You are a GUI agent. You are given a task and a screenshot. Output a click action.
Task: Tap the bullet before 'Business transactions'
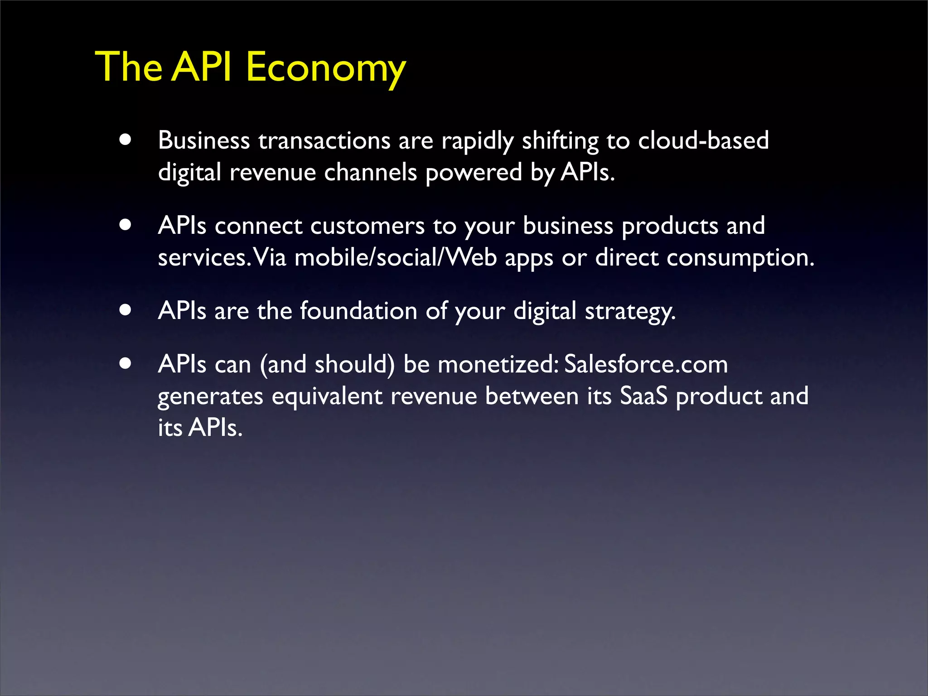pyautogui.click(x=126, y=140)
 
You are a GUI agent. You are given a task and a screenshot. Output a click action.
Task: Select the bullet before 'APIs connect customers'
pyautogui.click(x=126, y=225)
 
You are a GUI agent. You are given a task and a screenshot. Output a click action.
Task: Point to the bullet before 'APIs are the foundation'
pyautogui.click(x=126, y=310)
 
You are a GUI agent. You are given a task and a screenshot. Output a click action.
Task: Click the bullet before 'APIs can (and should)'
pyautogui.click(x=126, y=363)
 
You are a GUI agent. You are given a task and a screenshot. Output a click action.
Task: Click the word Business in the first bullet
pyautogui.click(x=204, y=140)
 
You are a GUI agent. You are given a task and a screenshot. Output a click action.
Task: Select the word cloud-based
pyautogui.click(x=703, y=140)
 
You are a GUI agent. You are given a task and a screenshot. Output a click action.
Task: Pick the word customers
pyautogui.click(x=367, y=226)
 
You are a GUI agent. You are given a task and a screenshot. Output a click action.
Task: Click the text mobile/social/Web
pyautogui.click(x=396, y=257)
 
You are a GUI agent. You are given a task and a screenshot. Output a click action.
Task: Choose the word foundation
pyautogui.click(x=358, y=311)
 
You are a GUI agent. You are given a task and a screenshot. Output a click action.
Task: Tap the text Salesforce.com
pyautogui.click(x=646, y=364)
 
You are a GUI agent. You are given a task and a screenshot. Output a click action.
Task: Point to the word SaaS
pyautogui.click(x=643, y=396)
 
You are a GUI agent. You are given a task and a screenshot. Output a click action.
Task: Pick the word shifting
pyautogui.click(x=561, y=141)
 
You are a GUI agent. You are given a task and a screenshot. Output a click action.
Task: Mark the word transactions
pyautogui.click(x=324, y=140)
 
